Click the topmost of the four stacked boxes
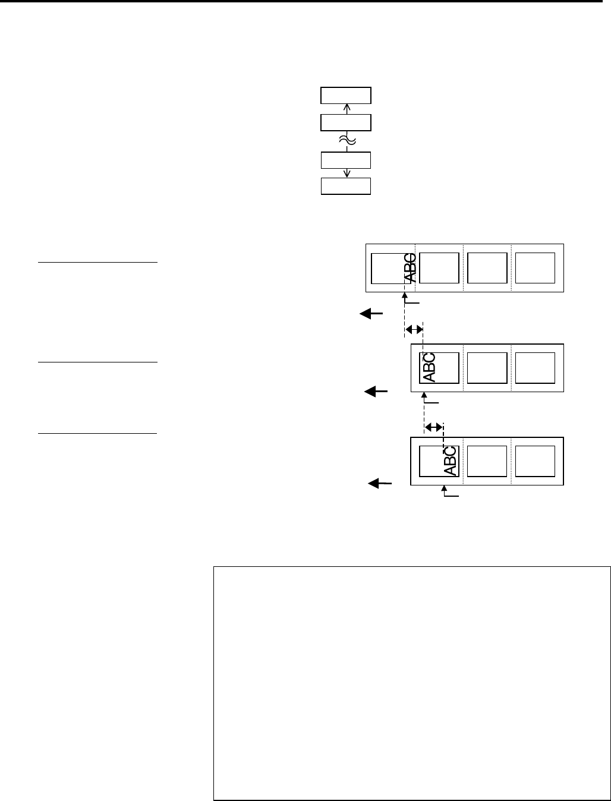[346, 96]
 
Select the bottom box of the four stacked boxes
[346, 186]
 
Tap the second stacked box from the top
[346, 122]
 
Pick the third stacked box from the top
[346, 160]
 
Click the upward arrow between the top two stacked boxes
[347, 109]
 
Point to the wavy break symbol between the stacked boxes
[347, 141]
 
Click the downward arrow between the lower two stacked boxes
[347, 173]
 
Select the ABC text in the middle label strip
[429, 367]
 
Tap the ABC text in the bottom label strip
[450, 461]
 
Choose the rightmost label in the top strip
[535, 268]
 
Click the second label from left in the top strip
[439, 268]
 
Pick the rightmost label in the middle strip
[535, 367]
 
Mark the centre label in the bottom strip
[487, 461]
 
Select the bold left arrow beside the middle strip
[376, 391]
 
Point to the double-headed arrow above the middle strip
[414, 329]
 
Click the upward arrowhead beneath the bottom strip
[445, 489]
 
